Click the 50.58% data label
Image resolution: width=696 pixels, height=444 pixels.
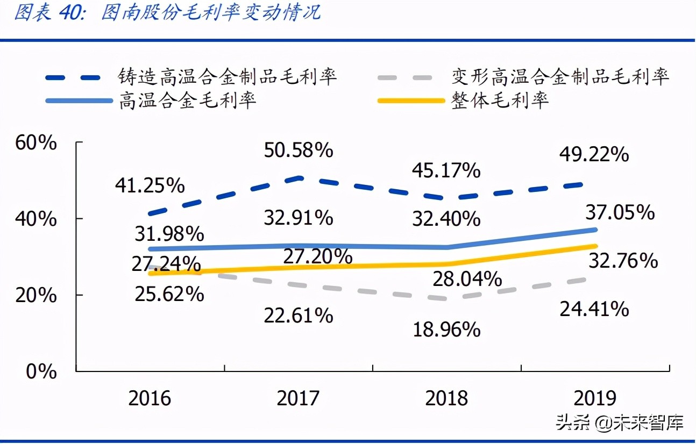pos(298,151)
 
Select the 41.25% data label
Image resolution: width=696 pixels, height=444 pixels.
pos(150,185)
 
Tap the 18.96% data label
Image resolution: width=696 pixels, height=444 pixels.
pos(446,330)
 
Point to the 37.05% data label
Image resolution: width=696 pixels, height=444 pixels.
pos(621,212)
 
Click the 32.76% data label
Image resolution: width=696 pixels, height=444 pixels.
pos(623,261)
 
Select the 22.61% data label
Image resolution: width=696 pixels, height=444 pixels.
pos(298,316)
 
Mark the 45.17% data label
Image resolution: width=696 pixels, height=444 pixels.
pos(446,171)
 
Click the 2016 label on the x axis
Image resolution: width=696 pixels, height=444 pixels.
pos(150,398)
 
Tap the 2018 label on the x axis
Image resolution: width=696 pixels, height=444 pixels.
pos(446,398)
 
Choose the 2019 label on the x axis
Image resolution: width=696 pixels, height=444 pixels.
pos(595,398)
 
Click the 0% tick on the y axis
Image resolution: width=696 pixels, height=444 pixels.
pos(41,371)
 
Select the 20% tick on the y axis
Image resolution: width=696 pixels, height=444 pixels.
pos(36,295)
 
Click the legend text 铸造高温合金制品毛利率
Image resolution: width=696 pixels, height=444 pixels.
pos(228,77)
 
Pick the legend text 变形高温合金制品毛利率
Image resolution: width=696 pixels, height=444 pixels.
pos(560,77)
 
